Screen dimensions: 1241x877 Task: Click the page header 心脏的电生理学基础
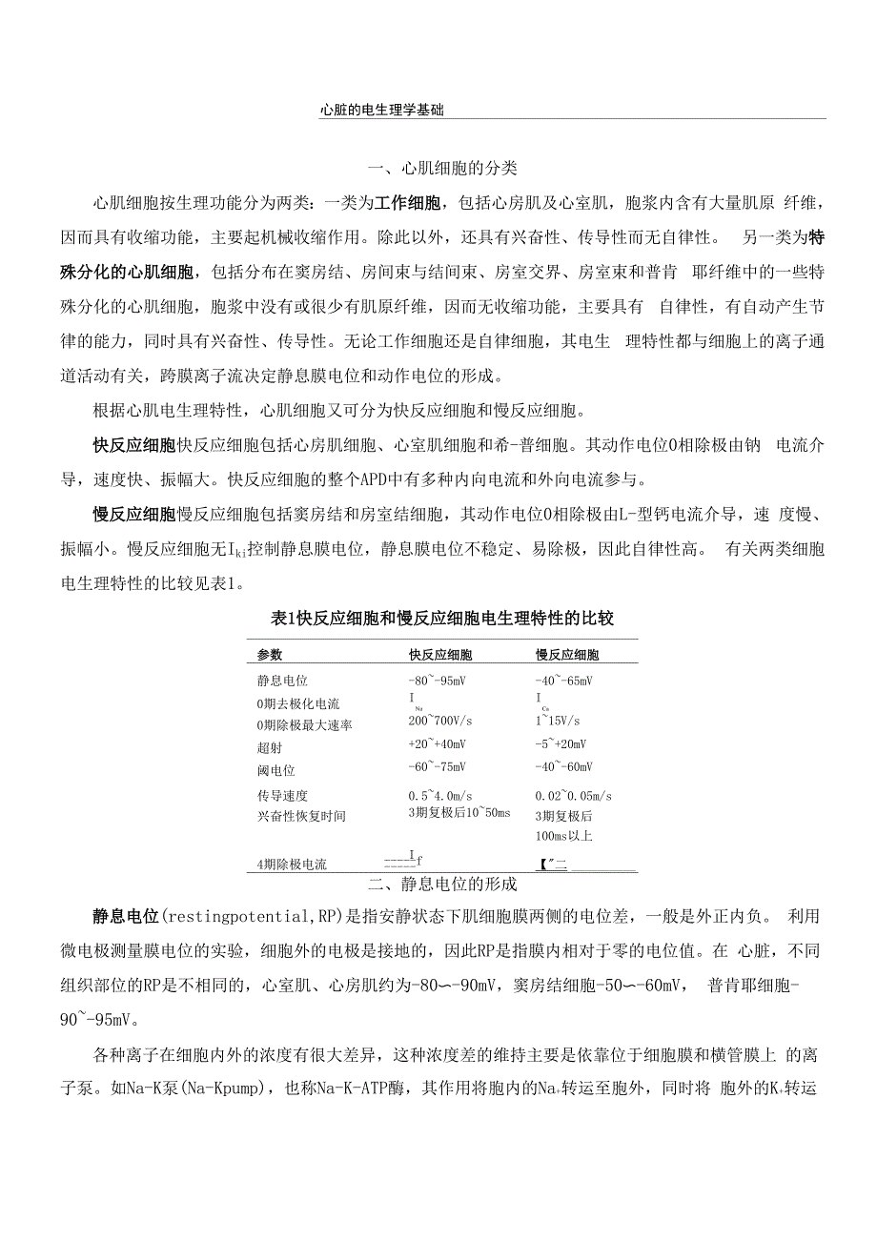(382, 110)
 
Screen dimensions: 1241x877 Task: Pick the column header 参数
(270, 655)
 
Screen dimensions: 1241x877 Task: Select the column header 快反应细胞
(439, 655)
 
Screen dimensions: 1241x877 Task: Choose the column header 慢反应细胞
(567, 655)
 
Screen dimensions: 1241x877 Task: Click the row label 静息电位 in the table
(282, 681)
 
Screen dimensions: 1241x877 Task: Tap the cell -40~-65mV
(563, 681)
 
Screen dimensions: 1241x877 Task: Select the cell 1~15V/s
(558, 721)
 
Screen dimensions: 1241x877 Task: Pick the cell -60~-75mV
(437, 767)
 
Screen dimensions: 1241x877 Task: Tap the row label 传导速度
(282, 795)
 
